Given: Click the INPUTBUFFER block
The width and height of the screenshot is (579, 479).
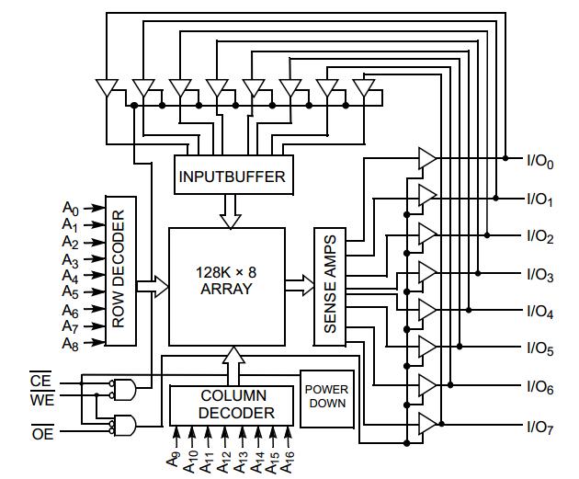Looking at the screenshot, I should coord(232,176).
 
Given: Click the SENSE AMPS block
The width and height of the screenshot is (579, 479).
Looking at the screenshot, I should coord(331,285).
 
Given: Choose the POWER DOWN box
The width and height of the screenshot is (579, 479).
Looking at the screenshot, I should coord(326,395).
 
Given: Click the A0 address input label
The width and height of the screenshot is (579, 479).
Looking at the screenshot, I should coord(71,208).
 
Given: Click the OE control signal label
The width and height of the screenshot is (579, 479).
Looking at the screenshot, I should coord(42,434).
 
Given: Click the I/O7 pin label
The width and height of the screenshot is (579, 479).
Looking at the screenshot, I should coord(539,427).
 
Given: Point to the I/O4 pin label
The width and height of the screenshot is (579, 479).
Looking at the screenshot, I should coord(539,313).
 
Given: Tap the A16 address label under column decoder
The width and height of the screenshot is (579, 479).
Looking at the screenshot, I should coord(289,458).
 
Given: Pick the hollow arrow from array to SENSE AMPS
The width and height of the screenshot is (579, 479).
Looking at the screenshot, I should coord(299,285).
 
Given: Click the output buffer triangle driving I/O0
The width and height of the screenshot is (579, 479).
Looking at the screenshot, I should coord(427,158).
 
